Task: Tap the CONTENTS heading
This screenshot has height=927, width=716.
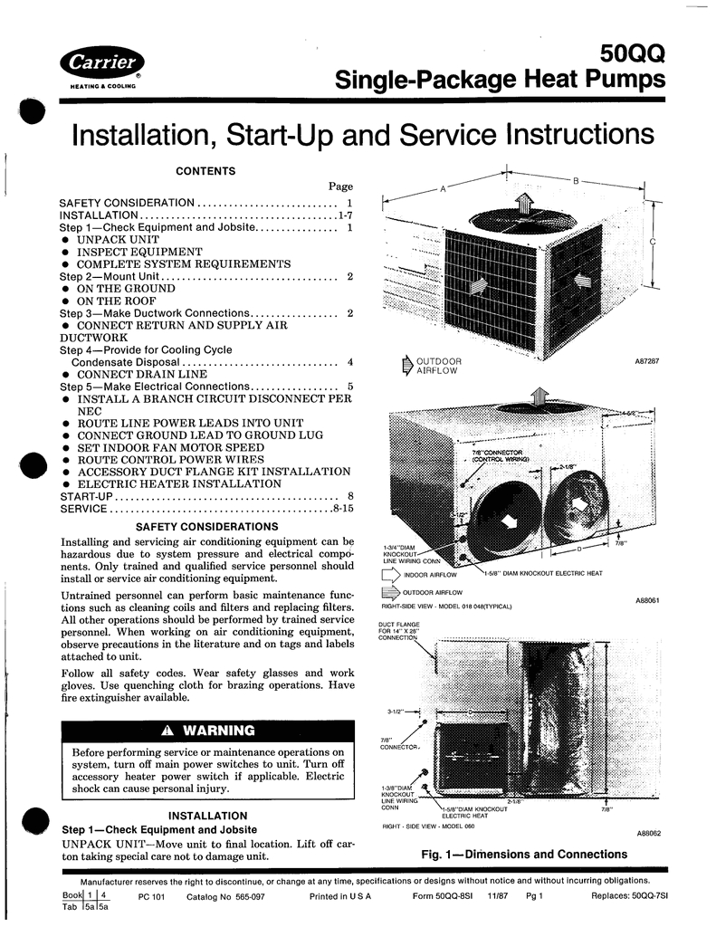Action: point(205,171)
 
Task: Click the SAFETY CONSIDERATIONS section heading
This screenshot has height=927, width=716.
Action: point(206,526)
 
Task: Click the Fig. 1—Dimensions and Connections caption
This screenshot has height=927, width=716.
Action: point(524,854)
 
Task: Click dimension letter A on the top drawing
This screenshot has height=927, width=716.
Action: point(444,188)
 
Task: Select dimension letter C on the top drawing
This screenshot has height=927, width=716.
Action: point(653,242)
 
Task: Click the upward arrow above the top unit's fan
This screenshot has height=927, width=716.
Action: point(523,202)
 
